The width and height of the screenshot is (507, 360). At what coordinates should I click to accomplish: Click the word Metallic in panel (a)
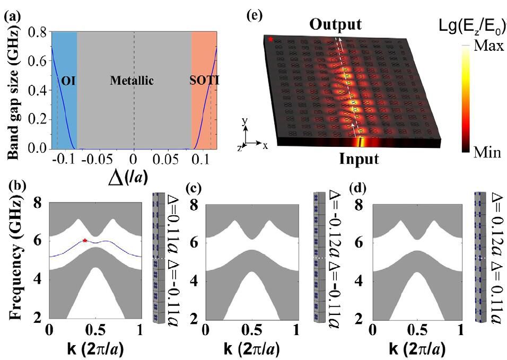pyautogui.click(x=132, y=81)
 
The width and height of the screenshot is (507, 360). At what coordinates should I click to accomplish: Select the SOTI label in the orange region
pyautogui.click(x=204, y=81)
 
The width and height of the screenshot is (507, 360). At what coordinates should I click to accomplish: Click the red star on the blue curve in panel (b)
pyautogui.click(x=85, y=241)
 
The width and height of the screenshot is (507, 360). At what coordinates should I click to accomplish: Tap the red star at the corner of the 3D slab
pyautogui.click(x=271, y=39)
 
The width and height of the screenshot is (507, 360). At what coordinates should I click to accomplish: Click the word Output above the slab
pyautogui.click(x=336, y=24)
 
